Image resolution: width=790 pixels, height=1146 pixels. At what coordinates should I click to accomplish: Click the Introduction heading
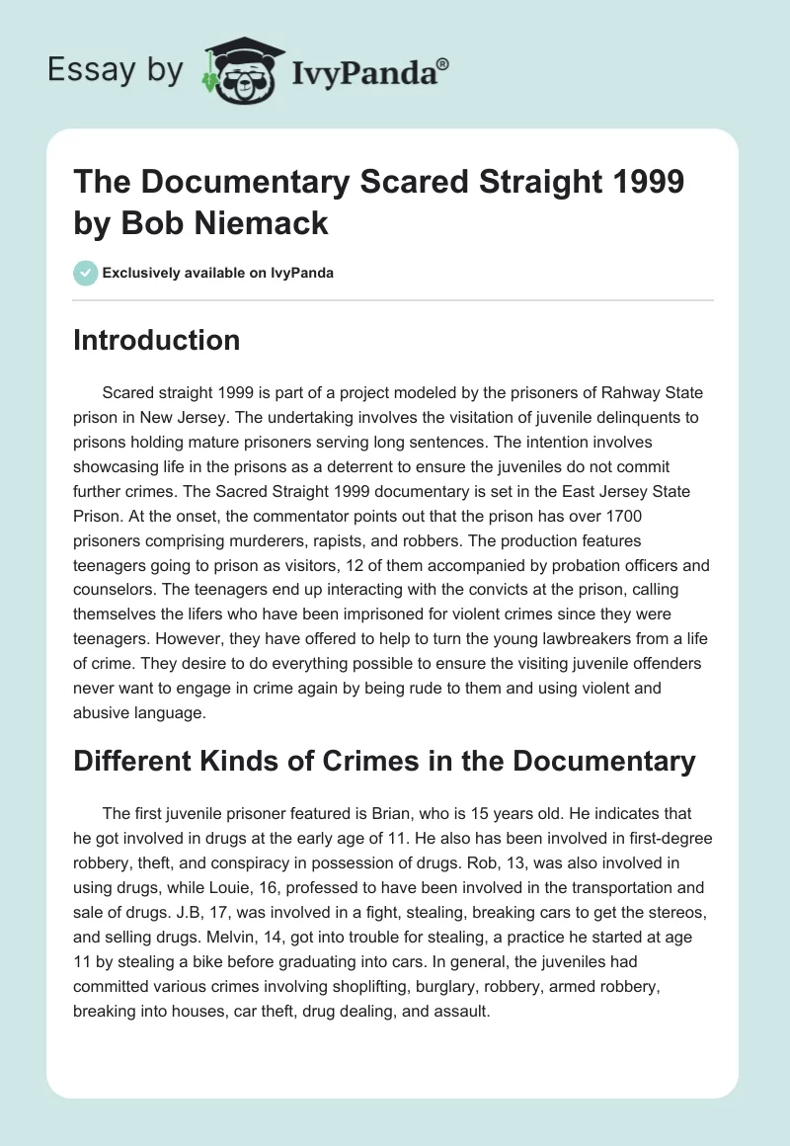pos(157,341)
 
